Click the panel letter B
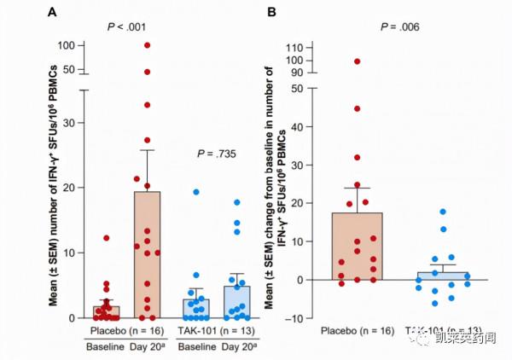pos(272,12)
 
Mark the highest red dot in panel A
pos(148,45)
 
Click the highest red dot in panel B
pos(358,61)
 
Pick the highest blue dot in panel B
pos(443,212)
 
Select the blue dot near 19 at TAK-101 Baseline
pos(195,193)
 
